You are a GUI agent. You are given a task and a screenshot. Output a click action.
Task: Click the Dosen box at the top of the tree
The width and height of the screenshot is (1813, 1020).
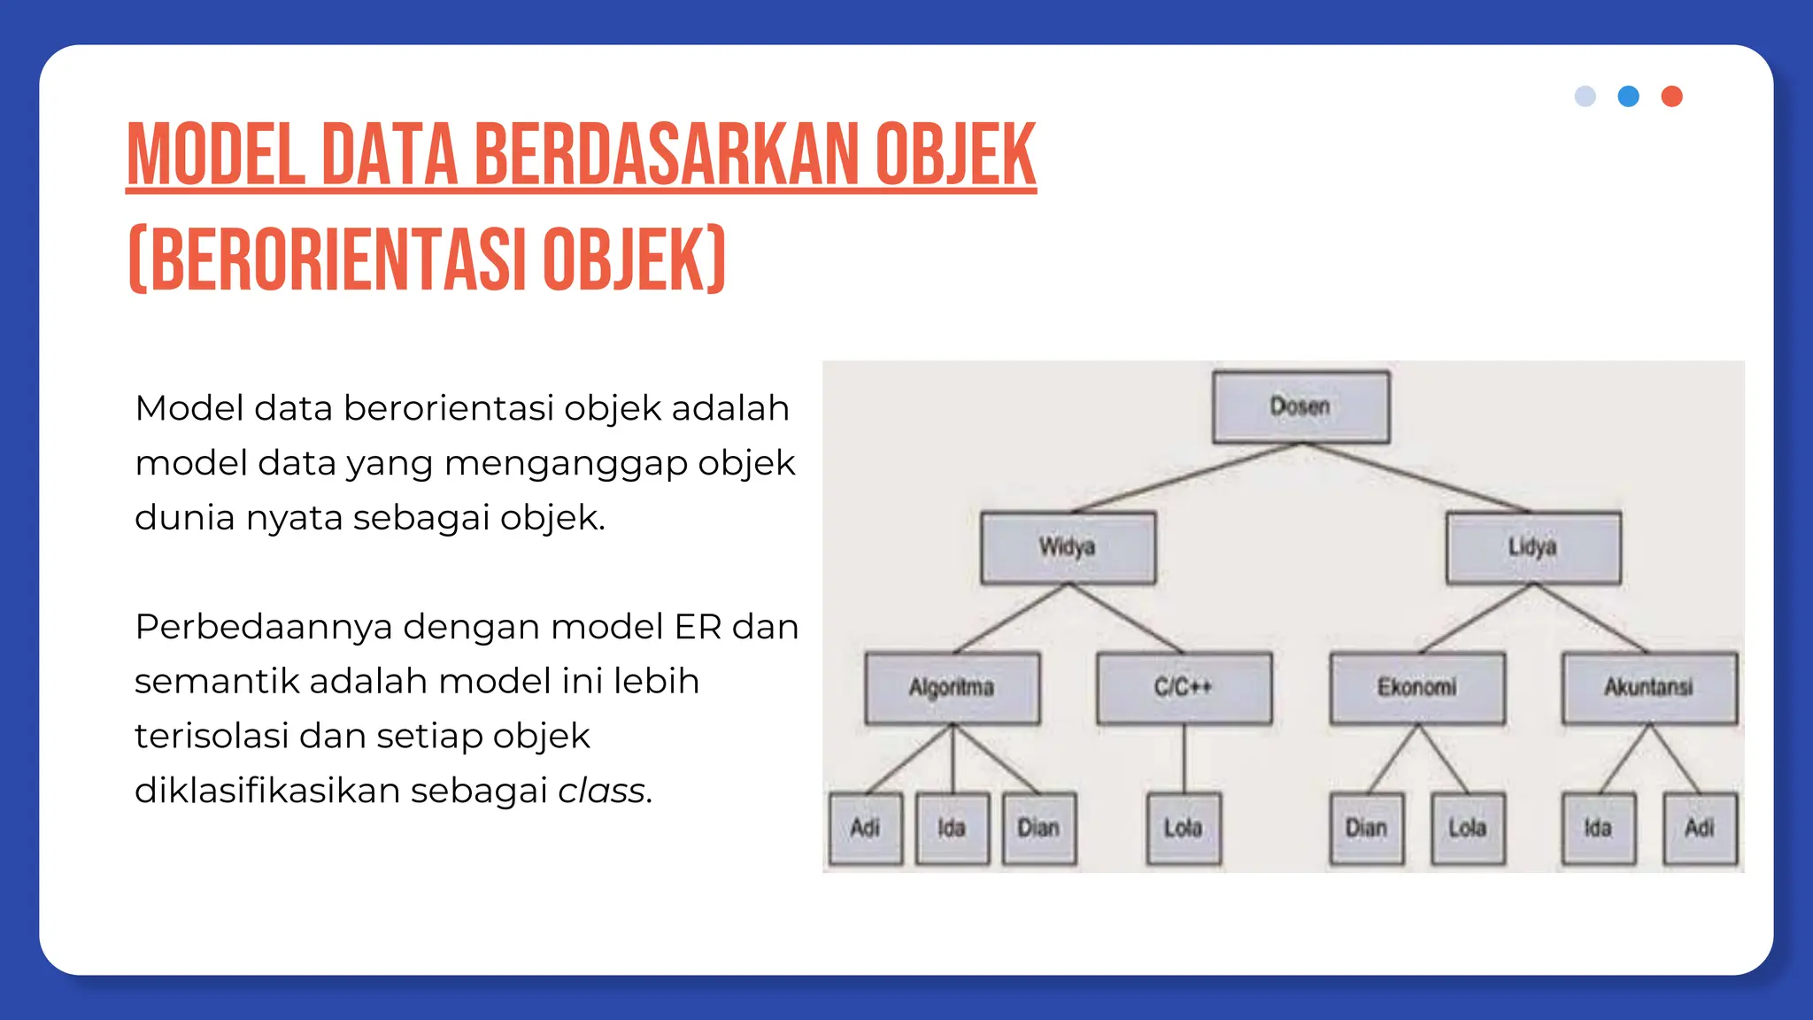coord(1300,406)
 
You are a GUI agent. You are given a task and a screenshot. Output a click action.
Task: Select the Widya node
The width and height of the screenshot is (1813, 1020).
coord(1068,547)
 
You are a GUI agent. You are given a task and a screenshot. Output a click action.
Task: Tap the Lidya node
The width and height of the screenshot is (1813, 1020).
coord(1533,547)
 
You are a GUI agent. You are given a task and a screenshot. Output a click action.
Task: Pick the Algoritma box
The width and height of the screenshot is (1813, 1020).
coord(952,688)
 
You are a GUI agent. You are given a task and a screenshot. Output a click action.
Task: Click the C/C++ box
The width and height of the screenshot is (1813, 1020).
coord(1184,688)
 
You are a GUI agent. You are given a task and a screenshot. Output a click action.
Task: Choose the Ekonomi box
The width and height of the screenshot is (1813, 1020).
coord(1416,688)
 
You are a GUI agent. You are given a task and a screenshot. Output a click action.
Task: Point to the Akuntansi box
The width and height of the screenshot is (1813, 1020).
coord(1649,688)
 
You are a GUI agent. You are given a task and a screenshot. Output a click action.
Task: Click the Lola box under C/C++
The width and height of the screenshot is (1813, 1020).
coord(1184,828)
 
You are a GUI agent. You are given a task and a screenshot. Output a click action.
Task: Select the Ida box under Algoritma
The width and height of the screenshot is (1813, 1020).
coord(952,828)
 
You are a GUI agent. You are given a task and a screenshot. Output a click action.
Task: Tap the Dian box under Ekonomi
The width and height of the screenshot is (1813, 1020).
coord(1366,828)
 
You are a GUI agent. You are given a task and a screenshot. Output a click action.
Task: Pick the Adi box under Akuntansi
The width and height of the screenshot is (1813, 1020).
coord(1700,828)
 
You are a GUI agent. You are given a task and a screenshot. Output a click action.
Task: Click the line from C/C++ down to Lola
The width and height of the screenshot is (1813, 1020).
coord(1184,758)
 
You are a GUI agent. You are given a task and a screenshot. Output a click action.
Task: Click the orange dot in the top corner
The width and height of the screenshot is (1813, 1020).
coord(1671,97)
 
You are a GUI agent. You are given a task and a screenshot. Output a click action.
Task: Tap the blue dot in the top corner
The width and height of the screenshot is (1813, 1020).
coord(1628,97)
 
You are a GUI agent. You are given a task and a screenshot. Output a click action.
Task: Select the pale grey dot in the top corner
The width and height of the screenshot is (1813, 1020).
coord(1585,97)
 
